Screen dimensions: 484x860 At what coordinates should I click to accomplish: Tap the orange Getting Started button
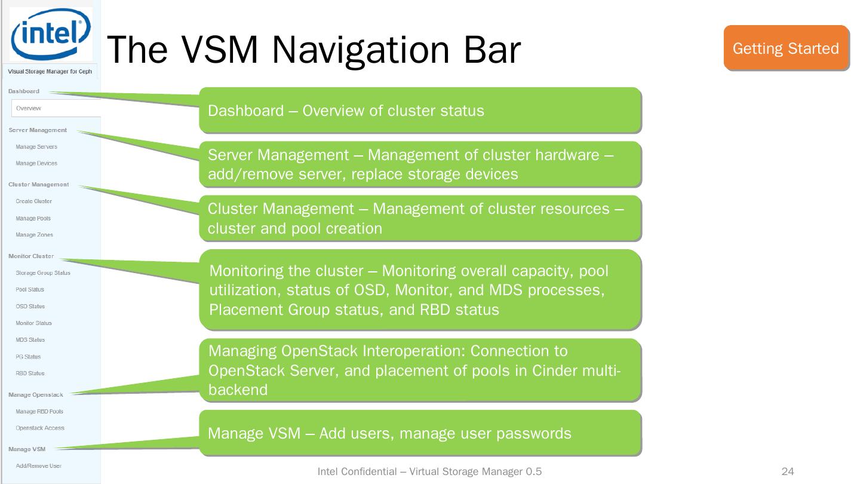(x=786, y=48)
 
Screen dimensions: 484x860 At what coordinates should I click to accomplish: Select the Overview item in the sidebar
(x=29, y=108)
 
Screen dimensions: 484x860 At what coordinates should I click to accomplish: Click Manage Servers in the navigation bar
(x=36, y=146)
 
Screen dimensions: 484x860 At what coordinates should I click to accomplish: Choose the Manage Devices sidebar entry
(x=36, y=163)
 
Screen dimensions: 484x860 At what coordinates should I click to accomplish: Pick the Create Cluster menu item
(x=33, y=201)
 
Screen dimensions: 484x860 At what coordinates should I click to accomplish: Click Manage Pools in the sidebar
(x=33, y=218)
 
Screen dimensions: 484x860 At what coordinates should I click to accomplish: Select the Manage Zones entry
(x=34, y=235)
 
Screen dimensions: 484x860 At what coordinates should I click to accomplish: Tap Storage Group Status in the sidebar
(x=43, y=273)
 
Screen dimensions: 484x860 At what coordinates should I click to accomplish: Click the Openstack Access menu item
(x=40, y=428)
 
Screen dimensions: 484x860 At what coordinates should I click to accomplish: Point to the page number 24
(x=788, y=472)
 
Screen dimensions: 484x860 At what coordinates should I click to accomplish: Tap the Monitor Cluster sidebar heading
(x=31, y=256)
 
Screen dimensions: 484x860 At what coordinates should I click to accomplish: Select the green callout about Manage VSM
(x=420, y=433)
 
